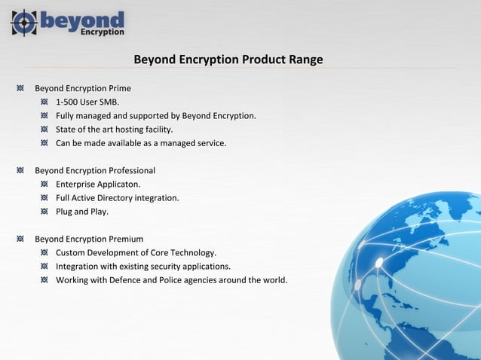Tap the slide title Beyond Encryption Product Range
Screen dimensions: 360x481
(x=228, y=59)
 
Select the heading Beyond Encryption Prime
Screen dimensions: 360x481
(x=83, y=88)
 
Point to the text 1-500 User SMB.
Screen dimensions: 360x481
(x=87, y=102)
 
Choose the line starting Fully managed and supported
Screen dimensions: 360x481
(x=156, y=116)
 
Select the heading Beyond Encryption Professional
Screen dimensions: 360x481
(x=95, y=170)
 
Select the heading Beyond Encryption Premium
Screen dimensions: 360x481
(x=89, y=239)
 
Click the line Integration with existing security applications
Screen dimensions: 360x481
(x=143, y=267)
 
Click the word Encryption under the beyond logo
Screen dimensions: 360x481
(x=102, y=32)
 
